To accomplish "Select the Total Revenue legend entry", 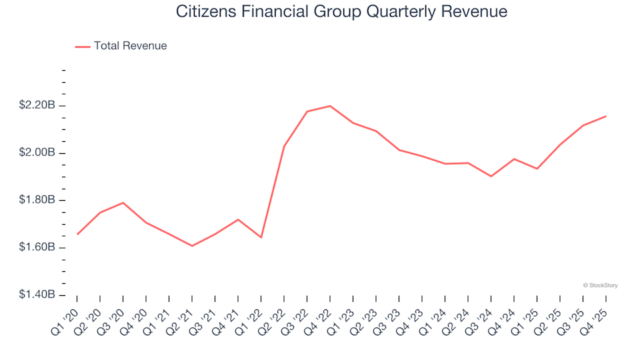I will point(130,46).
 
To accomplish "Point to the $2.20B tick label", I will point(37,105).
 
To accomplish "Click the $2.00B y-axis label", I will point(37,153).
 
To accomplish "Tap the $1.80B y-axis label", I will point(37,200).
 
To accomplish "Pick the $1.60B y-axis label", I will point(37,247).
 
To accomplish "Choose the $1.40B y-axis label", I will point(37,295).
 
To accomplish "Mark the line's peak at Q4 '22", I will point(330,106).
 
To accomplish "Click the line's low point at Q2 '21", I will point(192,246).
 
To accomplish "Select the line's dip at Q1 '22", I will point(261,237).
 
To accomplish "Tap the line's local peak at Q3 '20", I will point(123,203).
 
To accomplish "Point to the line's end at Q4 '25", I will point(605,116).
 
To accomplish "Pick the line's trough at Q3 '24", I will point(491,176).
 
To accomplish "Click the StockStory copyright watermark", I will point(600,285).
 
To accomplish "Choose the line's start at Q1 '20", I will point(77,234).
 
